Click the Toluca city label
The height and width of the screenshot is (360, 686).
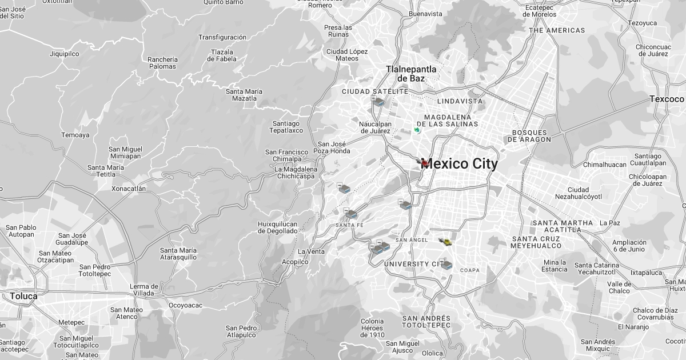[23, 296]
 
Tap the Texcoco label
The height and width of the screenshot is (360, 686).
[667, 99]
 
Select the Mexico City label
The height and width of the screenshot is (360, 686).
[459, 164]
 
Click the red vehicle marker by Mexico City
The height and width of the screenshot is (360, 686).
[424, 163]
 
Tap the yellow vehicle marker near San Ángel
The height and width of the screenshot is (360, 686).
[446, 242]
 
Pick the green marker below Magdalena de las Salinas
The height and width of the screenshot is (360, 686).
[417, 130]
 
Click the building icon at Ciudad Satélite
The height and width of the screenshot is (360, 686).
[378, 102]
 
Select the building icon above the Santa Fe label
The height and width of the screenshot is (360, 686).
[351, 214]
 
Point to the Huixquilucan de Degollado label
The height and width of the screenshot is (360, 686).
[278, 227]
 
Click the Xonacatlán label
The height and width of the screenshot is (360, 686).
[129, 189]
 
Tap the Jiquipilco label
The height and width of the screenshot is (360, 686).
[65, 54]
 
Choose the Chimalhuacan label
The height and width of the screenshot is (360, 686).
[605, 165]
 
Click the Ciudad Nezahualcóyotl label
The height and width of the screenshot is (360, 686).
[578, 193]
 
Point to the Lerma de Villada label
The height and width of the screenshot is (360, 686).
[144, 290]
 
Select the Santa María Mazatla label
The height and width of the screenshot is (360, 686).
[244, 95]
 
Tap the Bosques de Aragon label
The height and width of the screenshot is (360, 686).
[531, 136]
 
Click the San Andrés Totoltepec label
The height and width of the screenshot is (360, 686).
[426, 322]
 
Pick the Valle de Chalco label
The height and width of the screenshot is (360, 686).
[619, 287]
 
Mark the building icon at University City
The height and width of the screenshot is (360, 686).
[446, 265]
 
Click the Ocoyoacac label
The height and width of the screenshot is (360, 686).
[185, 305]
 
